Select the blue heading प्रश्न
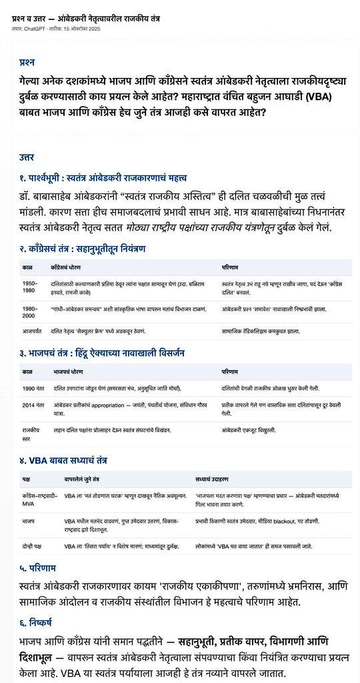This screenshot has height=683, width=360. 27,62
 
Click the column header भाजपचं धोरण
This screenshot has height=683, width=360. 68,371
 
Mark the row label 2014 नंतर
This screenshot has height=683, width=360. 33,405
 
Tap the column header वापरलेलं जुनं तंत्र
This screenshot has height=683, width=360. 82,480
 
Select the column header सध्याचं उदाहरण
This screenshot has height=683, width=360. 211,480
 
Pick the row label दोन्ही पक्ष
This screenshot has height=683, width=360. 32,546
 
